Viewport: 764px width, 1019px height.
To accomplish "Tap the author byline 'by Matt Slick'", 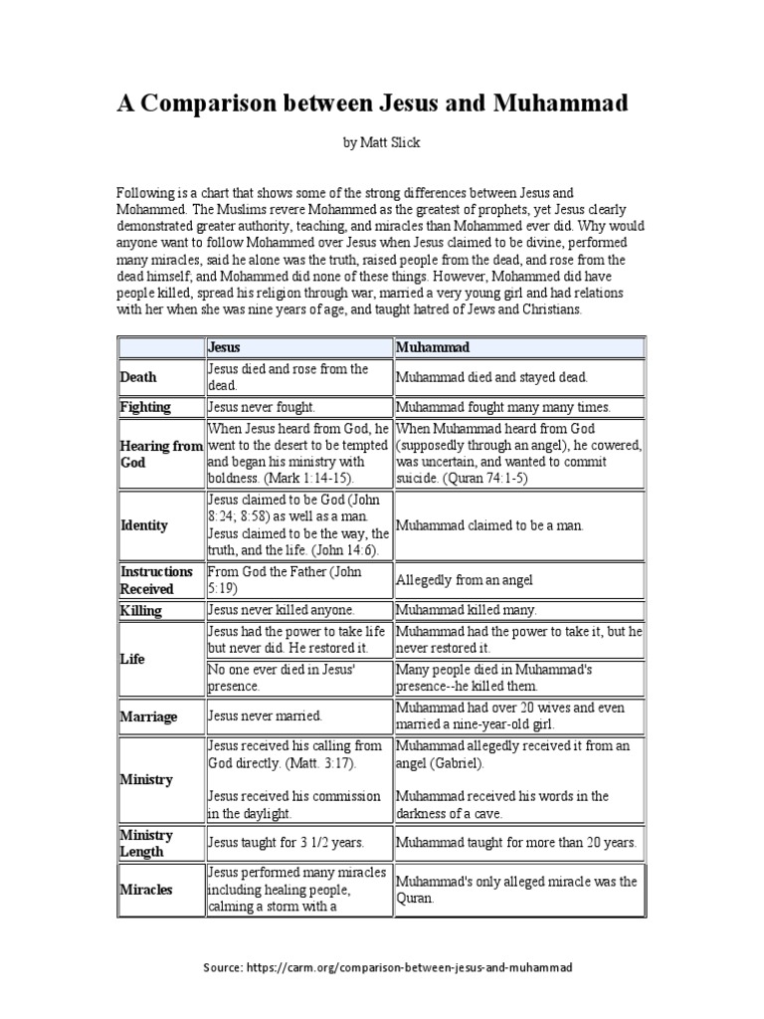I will coord(382,142).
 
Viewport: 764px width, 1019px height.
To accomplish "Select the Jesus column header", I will coord(224,347).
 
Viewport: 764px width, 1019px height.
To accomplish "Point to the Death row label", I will coord(138,377).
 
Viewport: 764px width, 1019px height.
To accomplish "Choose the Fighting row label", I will coord(145,407).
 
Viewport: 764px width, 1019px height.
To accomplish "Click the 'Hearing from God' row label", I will coord(160,455).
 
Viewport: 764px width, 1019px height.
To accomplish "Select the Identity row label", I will coord(144,524).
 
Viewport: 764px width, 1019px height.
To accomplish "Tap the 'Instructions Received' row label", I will coord(156,580).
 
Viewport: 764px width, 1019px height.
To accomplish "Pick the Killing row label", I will coord(141,610).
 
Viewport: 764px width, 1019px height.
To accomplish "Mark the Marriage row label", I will coord(148,715).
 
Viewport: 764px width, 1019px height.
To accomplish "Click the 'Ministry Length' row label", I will coord(146,843).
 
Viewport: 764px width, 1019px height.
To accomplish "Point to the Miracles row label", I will coord(146,890).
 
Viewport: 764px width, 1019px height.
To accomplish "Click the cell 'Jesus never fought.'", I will coord(261,407).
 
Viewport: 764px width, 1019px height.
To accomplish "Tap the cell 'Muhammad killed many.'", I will coord(466,610).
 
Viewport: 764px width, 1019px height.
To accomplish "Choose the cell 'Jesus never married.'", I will coord(265,715).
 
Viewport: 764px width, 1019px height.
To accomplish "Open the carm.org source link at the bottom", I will coord(388,966).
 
